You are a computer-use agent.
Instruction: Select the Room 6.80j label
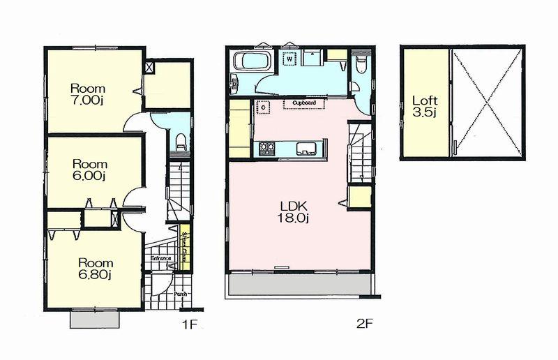pyautogui.click(x=93, y=269)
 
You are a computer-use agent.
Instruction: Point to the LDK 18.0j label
pyautogui.click(x=294, y=211)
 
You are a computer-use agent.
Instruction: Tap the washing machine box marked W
pyautogui.click(x=288, y=60)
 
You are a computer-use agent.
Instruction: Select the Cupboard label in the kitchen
pyautogui.click(x=304, y=103)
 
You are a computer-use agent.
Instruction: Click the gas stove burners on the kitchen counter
pyautogui.click(x=267, y=147)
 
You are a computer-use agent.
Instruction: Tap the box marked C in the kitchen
pyautogui.click(x=264, y=108)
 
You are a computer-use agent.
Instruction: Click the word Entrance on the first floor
pyautogui.click(x=161, y=259)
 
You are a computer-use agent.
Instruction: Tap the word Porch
pyautogui.click(x=180, y=294)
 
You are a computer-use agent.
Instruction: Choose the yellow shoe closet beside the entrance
pyautogui.click(x=185, y=243)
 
